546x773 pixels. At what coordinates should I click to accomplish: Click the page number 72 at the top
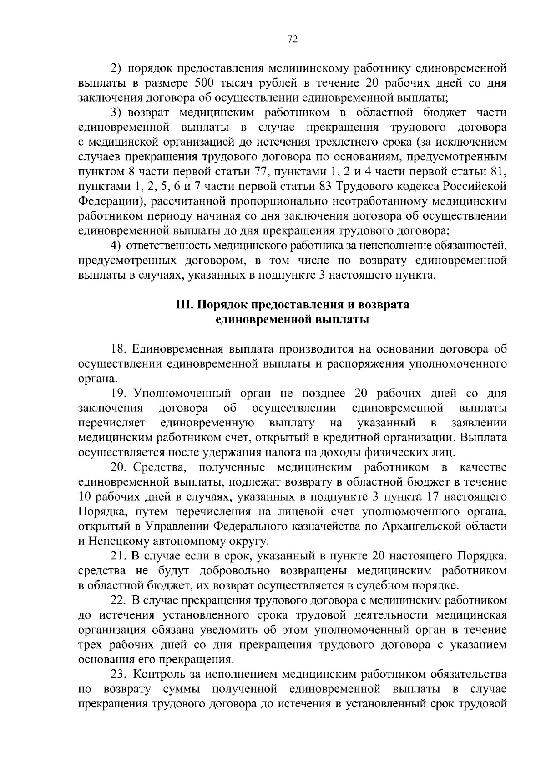pos(293,40)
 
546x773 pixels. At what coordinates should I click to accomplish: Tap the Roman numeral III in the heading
pos(184,305)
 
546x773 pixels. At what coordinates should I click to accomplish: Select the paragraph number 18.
pos(119,349)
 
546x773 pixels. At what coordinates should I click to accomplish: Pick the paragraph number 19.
pos(119,393)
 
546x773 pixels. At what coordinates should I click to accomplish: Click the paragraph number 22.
pos(119,600)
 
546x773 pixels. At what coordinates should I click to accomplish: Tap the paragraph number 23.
pos(119,674)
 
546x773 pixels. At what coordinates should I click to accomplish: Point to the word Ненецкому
pos(112,541)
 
